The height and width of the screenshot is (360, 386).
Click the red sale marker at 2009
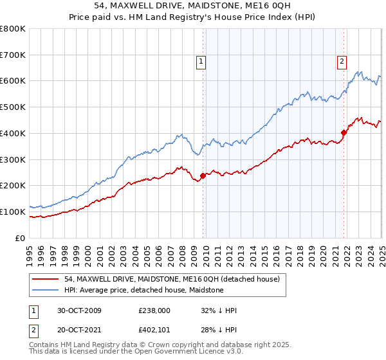203,175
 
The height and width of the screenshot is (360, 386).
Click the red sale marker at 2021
344,132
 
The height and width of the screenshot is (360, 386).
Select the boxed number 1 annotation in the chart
201,62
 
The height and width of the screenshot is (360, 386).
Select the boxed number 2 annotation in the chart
342,62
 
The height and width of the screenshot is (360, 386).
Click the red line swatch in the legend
46,279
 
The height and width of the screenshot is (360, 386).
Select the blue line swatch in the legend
46,290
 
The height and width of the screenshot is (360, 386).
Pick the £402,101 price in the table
154,330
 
